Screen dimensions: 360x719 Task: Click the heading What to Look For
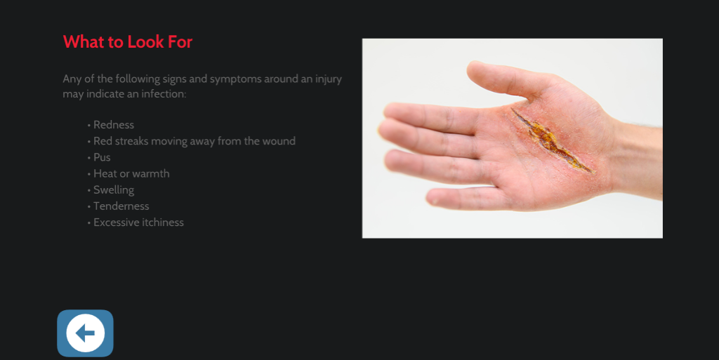[127, 42]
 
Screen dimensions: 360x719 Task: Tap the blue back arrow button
[85, 333]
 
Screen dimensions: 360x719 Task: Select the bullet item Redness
[114, 125]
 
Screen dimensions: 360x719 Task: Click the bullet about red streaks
[194, 141]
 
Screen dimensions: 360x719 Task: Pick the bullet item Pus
[102, 157]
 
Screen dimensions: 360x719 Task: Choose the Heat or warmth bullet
[131, 173]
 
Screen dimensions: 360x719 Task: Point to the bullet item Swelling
[114, 189]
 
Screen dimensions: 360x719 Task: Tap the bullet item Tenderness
[121, 206]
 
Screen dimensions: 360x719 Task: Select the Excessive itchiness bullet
[138, 222]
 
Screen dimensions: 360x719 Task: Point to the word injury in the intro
[326, 79]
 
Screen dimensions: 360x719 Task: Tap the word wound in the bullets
[279, 141]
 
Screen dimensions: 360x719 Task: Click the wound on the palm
[551, 140]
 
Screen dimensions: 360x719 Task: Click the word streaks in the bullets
[135, 141]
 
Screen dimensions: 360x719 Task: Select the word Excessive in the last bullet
[117, 222]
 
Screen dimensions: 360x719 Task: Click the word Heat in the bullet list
[105, 173]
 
